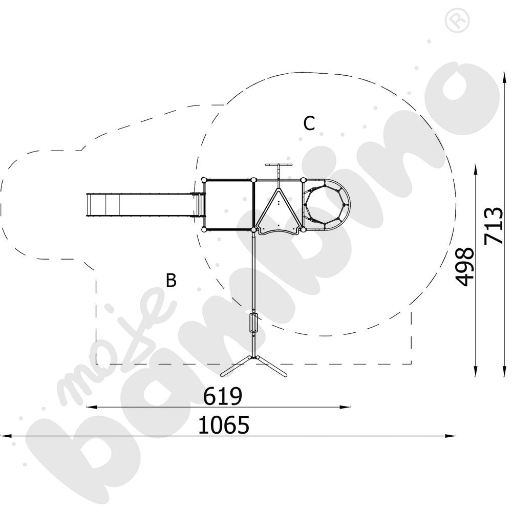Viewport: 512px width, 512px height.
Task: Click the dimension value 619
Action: pos(223,396)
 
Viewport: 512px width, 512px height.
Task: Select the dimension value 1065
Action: pos(224,425)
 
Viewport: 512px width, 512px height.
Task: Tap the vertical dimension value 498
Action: pos(464,266)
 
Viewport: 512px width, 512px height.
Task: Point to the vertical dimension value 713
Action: pos(493,226)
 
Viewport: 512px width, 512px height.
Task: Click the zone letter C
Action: pos(309,123)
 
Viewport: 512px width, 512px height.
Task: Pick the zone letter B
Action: pos(171,280)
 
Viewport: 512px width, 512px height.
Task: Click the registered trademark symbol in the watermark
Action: pos(457,20)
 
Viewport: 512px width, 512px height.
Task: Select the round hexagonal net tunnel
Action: pos(326,205)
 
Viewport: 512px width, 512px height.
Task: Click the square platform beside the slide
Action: pos(228,205)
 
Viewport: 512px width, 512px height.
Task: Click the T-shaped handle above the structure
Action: pos(278,170)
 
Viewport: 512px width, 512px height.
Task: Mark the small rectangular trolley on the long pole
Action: pos(253,323)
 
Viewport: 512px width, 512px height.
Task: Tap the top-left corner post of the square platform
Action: pos(204,180)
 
